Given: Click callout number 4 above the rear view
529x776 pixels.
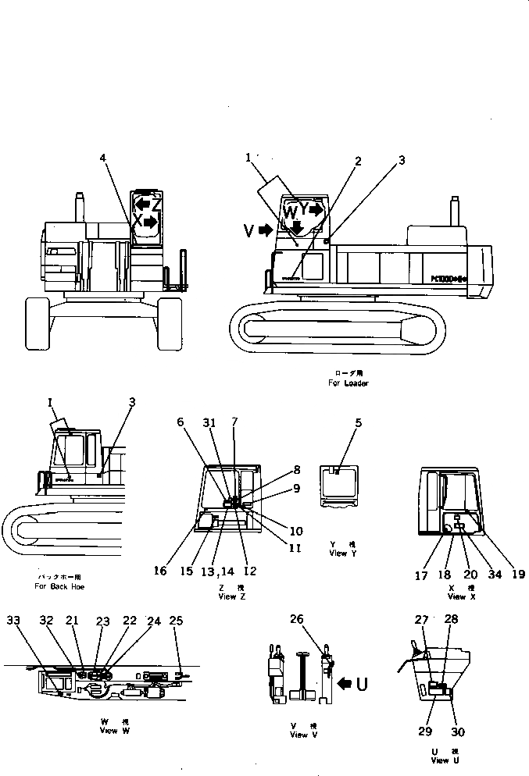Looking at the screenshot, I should [x=103, y=158].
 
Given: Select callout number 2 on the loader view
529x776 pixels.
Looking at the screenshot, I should [x=358, y=162].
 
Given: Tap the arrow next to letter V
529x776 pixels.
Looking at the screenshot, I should [x=266, y=230].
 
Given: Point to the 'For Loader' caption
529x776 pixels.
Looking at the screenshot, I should [x=348, y=383].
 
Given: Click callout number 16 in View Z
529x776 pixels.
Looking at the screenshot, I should [x=159, y=571].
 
